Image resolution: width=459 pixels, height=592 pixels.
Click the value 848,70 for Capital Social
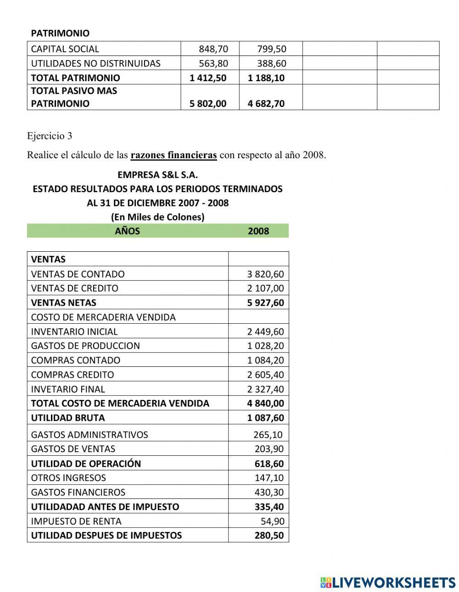213,49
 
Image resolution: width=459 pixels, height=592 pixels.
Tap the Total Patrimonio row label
75,77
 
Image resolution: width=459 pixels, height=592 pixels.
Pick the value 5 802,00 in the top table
208,103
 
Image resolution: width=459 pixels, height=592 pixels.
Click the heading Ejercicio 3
50,136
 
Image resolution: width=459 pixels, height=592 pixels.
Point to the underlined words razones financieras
174,155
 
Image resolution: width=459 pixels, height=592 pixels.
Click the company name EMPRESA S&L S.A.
157,175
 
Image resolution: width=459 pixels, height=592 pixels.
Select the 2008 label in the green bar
258,231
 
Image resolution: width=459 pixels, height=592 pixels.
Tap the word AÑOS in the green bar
127,231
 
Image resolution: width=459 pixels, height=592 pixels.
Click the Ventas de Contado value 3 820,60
265,274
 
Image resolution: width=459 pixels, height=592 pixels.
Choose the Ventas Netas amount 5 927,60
265,303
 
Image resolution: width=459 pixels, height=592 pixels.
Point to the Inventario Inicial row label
74,332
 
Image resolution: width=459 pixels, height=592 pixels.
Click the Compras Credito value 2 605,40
265,375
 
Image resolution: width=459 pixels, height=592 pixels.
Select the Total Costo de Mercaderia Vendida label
120,403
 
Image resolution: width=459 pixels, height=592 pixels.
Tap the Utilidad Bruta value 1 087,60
265,418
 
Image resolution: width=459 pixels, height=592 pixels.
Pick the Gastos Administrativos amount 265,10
268,434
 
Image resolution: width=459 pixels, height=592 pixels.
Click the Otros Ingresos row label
68,478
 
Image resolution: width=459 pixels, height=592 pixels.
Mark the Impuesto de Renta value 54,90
272,521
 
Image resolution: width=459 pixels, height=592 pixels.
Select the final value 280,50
269,535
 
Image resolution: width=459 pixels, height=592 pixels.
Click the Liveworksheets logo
388,582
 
